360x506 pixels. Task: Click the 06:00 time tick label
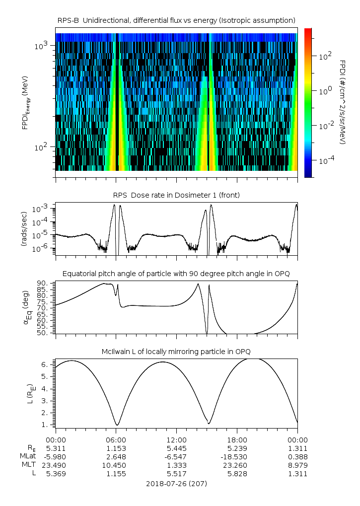click(116, 439)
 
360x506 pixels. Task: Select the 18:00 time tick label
click(237, 439)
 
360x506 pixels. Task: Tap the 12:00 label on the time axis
click(176, 439)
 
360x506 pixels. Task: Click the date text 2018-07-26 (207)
click(176, 483)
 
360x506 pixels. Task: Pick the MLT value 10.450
click(116, 465)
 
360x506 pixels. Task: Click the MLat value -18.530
click(237, 456)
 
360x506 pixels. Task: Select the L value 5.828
click(237, 473)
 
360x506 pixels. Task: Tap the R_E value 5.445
click(176, 448)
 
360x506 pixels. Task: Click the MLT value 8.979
click(297, 465)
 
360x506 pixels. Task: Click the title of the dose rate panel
click(176, 195)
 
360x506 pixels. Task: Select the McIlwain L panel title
click(176, 352)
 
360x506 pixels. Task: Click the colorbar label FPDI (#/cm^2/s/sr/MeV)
click(343, 102)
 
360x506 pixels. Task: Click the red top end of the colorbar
click(308, 31)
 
